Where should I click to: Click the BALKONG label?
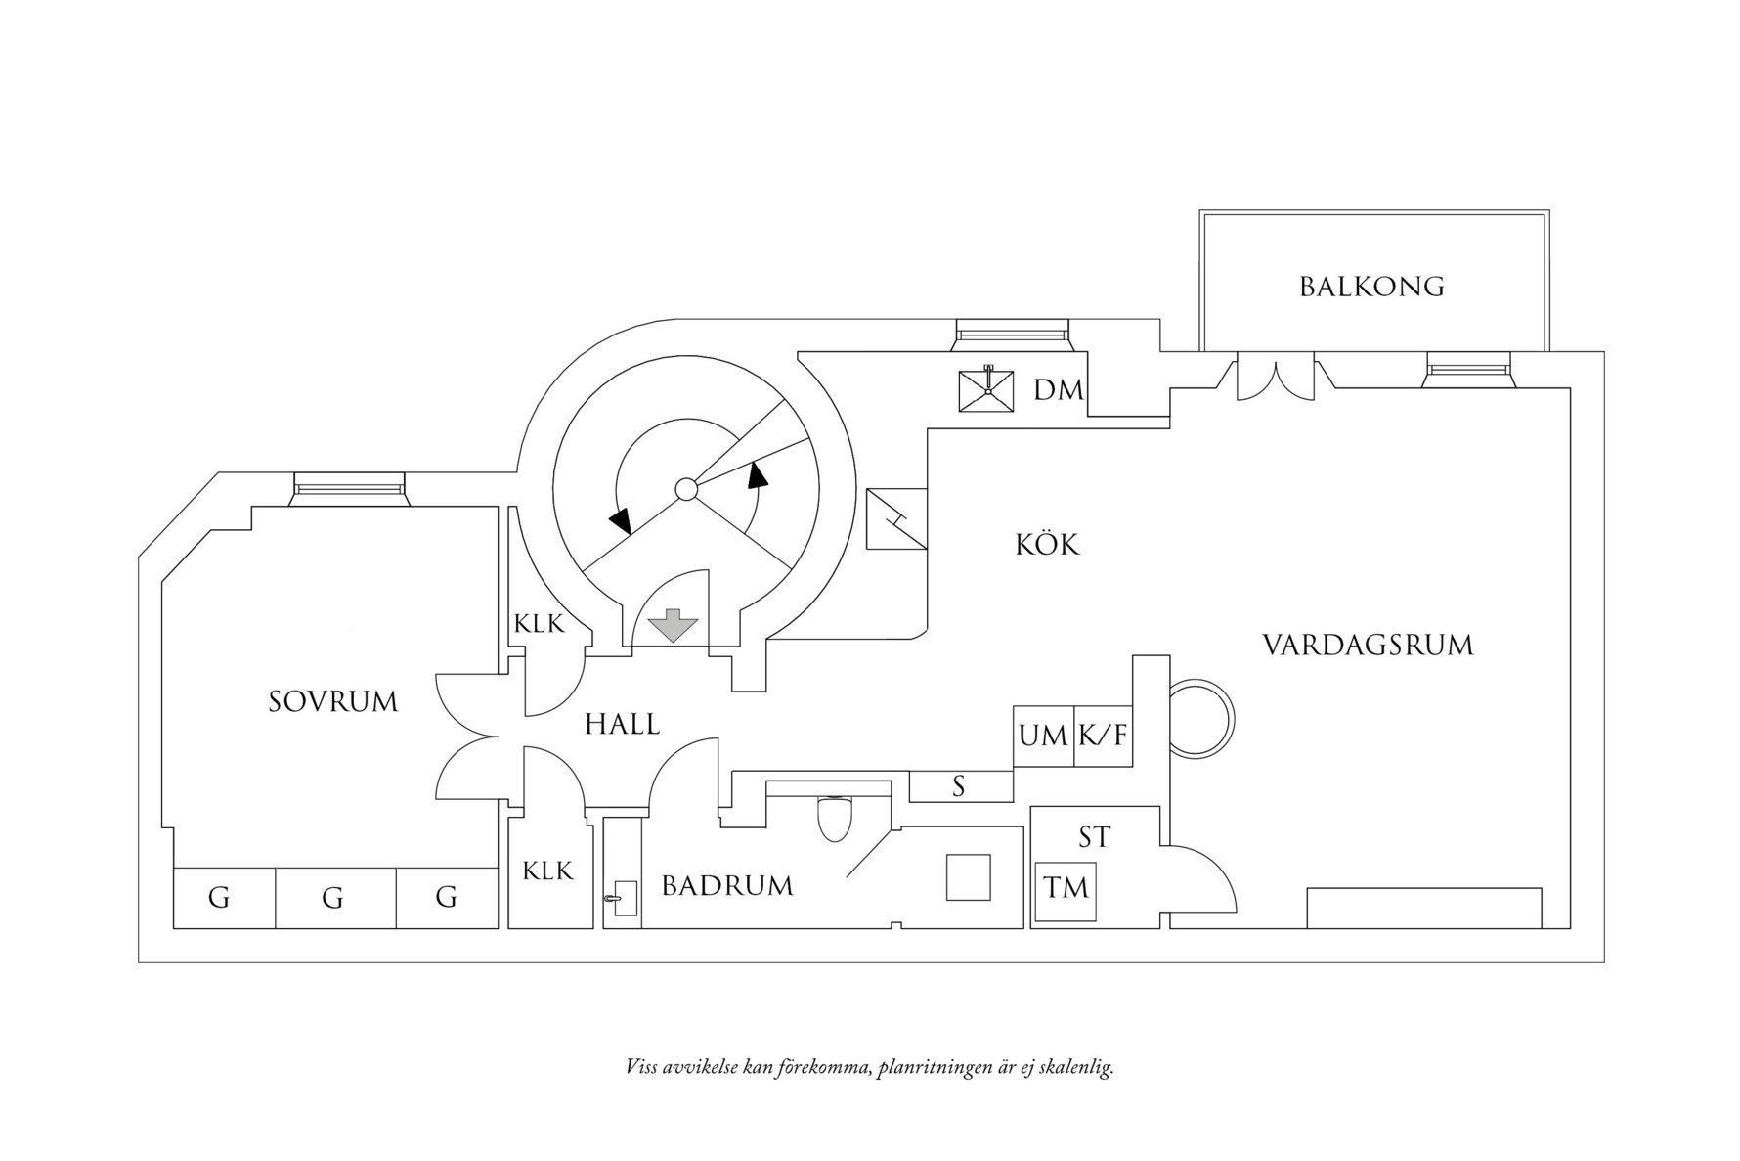(1371, 287)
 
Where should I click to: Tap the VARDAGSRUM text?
(1368, 646)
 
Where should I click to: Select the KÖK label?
(1047, 545)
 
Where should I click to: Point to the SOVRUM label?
(333, 702)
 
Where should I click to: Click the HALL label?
(622, 725)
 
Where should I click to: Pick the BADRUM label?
(727, 886)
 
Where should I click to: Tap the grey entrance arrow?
(671, 625)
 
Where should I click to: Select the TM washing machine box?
(1066, 889)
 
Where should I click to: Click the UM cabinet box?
(1043, 736)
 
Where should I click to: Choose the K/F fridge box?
(1103, 736)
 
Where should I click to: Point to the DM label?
(1059, 391)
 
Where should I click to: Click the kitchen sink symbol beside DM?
(987, 390)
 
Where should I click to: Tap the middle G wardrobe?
(333, 898)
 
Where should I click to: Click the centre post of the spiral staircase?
(686, 489)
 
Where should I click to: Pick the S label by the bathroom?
(959, 786)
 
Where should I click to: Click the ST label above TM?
(1095, 837)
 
